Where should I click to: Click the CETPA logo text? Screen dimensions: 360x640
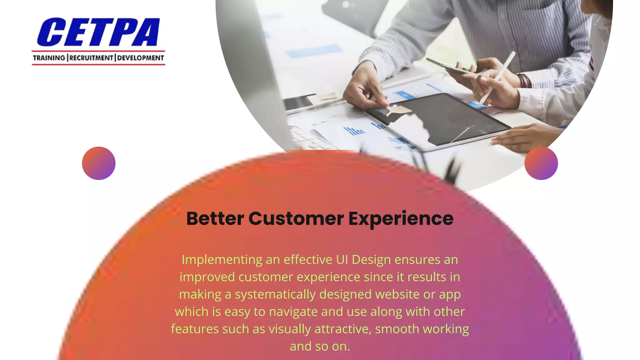coord(98,32)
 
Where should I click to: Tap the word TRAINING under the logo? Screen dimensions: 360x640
coord(49,58)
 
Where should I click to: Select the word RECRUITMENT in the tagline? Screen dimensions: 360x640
coord(91,58)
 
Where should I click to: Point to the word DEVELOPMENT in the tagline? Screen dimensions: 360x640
coord(141,58)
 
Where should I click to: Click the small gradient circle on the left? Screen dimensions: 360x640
coord(99,163)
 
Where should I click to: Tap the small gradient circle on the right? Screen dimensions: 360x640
coord(541,163)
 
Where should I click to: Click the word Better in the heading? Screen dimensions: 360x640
coord(215,218)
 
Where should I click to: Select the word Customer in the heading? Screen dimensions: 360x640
coord(296,218)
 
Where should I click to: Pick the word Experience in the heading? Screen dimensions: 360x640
coord(401,218)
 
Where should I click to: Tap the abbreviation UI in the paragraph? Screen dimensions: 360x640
coord(342,260)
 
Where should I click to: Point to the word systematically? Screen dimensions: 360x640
coord(275,295)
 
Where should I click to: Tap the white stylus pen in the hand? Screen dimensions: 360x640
coord(497,78)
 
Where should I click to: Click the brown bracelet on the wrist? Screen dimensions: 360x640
coord(523,81)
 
